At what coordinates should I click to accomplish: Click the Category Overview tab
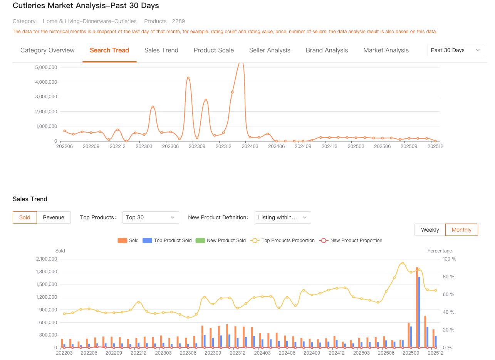[47, 50]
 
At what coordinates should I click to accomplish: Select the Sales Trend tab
[161, 50]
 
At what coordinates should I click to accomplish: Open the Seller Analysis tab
[270, 50]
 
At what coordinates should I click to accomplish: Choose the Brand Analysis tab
[327, 50]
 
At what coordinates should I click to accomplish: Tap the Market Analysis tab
[386, 50]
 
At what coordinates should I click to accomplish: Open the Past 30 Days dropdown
[455, 50]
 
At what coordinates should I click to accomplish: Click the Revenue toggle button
[54, 217]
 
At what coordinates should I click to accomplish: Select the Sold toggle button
[25, 217]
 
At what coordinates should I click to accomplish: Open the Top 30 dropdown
[151, 217]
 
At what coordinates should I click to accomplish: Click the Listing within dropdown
[283, 217]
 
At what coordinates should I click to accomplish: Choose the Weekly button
[430, 230]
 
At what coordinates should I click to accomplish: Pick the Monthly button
[461, 230]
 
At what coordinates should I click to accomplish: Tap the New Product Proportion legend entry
[351, 241]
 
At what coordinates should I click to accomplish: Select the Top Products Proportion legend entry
[283, 241]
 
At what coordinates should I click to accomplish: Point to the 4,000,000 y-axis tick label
[46, 82]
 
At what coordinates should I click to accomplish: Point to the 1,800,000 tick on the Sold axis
[47, 272]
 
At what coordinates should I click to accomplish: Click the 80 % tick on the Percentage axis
[449, 277]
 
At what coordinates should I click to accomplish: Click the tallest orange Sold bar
[417, 307]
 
